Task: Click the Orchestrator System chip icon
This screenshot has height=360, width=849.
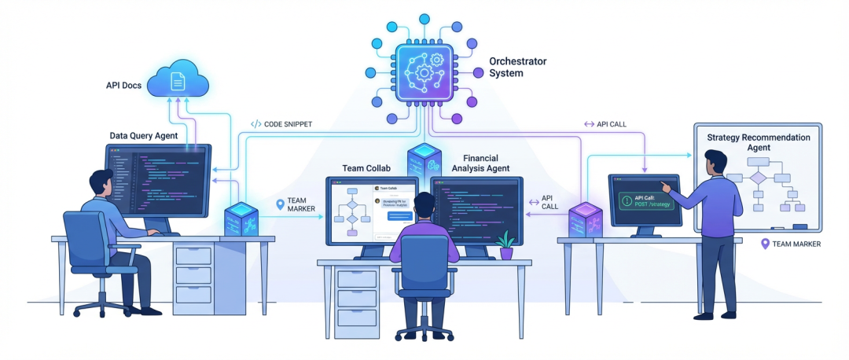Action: pyautogui.click(x=424, y=72)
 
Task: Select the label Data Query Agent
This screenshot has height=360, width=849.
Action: pyautogui.click(x=143, y=136)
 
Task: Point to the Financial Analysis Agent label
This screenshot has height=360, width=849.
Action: pyautogui.click(x=480, y=163)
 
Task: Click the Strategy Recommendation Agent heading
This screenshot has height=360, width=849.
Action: pyautogui.click(x=758, y=142)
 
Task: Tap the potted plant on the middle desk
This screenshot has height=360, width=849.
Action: pyautogui.click(x=505, y=244)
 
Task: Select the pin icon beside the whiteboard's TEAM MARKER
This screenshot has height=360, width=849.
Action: pyautogui.click(x=765, y=244)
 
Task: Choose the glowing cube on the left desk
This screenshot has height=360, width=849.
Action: pyautogui.click(x=242, y=219)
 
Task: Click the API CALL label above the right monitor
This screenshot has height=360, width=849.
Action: pyautogui.click(x=605, y=124)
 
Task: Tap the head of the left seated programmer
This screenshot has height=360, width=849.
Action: pyautogui.click(x=102, y=186)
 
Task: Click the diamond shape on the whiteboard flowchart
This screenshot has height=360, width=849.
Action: pyautogui.click(x=758, y=178)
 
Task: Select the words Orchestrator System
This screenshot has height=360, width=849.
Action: pyautogui.click(x=516, y=67)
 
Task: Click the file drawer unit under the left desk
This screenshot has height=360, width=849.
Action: pyautogui.click(x=193, y=275)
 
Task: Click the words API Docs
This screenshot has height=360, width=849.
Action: pyautogui.click(x=124, y=85)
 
